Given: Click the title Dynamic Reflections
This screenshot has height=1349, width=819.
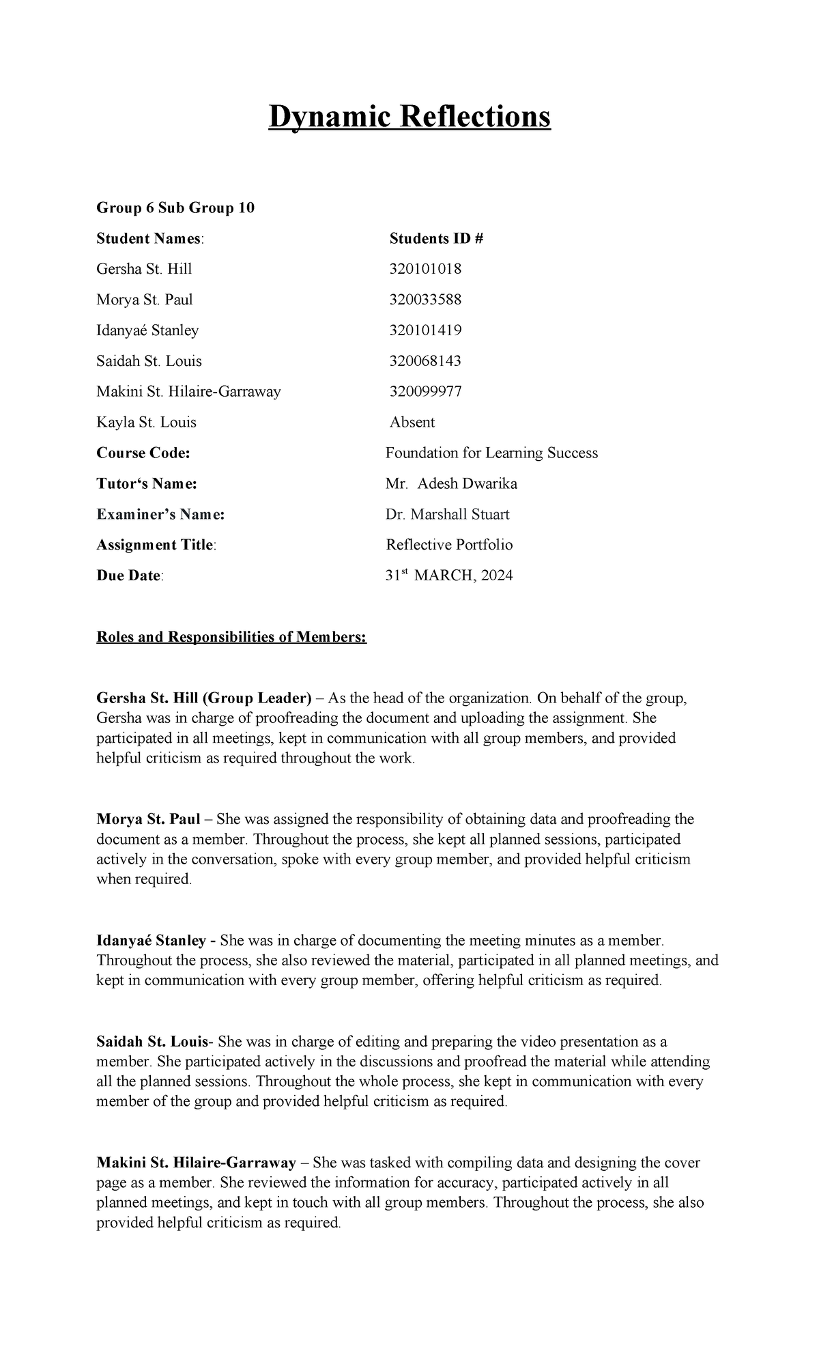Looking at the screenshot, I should point(409,117).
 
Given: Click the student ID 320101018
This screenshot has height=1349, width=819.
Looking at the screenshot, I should point(425,269).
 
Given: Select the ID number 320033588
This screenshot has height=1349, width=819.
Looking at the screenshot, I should point(425,300).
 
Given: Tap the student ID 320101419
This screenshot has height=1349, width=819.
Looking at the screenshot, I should point(425,330).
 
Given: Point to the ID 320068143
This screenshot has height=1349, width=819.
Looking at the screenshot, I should point(425,361).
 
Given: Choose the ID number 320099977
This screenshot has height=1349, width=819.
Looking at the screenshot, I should point(425,392).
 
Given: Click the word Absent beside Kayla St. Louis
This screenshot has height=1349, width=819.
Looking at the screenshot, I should point(412,423).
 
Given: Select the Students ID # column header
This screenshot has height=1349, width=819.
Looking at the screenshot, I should point(436,238).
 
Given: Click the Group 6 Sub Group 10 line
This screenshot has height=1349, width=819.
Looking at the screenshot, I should point(175,208).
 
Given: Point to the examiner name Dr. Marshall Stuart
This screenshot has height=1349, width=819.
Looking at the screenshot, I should point(447,515).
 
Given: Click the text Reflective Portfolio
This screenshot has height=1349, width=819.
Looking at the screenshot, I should point(449,545).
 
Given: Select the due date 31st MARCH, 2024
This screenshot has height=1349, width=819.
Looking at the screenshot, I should point(449,576).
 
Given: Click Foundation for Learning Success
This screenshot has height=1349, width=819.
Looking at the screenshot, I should point(491,453).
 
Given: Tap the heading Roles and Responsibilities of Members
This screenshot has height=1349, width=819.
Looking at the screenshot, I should point(231,637).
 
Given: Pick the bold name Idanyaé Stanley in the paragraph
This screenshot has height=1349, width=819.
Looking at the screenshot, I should point(151,941).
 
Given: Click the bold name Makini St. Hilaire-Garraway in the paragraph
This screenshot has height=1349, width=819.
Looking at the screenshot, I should point(196,1163).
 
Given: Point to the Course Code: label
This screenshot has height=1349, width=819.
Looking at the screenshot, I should point(143,453).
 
